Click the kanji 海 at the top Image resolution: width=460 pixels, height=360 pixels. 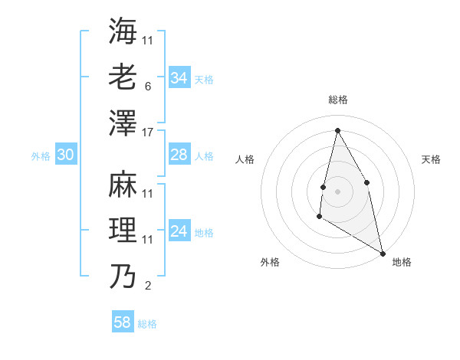[x=123, y=30]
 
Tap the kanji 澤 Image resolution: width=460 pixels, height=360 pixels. [x=123, y=122]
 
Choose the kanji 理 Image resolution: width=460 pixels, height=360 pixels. [x=123, y=230]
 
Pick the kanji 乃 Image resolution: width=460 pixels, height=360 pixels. [x=123, y=276]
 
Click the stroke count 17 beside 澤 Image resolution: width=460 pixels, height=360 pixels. [x=148, y=132]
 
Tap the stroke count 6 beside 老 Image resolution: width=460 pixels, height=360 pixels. [x=147, y=86]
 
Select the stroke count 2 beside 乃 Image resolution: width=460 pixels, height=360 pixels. [x=147, y=286]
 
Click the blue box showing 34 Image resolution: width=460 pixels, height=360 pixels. [x=179, y=78]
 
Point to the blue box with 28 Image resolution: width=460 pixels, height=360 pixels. [x=179, y=155]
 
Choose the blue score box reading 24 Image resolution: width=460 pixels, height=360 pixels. [x=179, y=232]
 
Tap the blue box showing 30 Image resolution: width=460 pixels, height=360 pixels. [x=65, y=155]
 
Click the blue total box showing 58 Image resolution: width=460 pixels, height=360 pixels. [x=123, y=322]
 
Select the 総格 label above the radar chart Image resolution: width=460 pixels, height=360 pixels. [x=337, y=100]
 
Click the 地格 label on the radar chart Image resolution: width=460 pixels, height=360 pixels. [x=402, y=262]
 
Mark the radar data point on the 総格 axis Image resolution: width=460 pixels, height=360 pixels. [x=337, y=130]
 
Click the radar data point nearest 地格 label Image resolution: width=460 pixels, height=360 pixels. [x=383, y=253]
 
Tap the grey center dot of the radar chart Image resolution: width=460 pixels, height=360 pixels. [x=337, y=191]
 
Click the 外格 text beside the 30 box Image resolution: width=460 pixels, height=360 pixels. [x=41, y=156]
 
